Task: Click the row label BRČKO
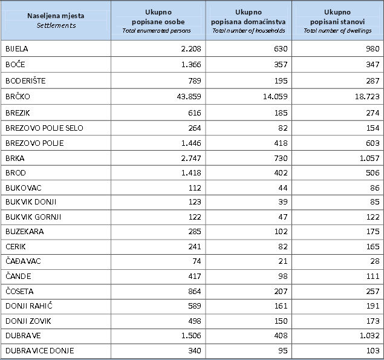point(18,96)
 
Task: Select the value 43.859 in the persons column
point(189,97)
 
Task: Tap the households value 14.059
point(275,97)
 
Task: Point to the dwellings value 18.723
point(367,97)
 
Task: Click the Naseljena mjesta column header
point(56,16)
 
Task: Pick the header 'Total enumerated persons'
point(157,31)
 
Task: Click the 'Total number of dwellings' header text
point(337,31)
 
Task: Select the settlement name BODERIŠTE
point(25,80)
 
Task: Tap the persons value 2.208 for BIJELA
point(191,49)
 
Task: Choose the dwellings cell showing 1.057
point(369,159)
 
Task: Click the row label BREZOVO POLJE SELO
point(44,128)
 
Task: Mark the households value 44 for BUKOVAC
point(283,188)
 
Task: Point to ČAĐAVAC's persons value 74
point(197,261)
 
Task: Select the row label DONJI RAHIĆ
point(29,306)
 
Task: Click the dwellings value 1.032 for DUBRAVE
point(369,335)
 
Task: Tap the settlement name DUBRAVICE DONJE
point(40,351)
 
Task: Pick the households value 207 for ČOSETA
point(281,292)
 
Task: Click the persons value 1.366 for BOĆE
point(191,65)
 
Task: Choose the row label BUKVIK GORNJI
point(33,217)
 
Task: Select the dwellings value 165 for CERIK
point(373,246)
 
